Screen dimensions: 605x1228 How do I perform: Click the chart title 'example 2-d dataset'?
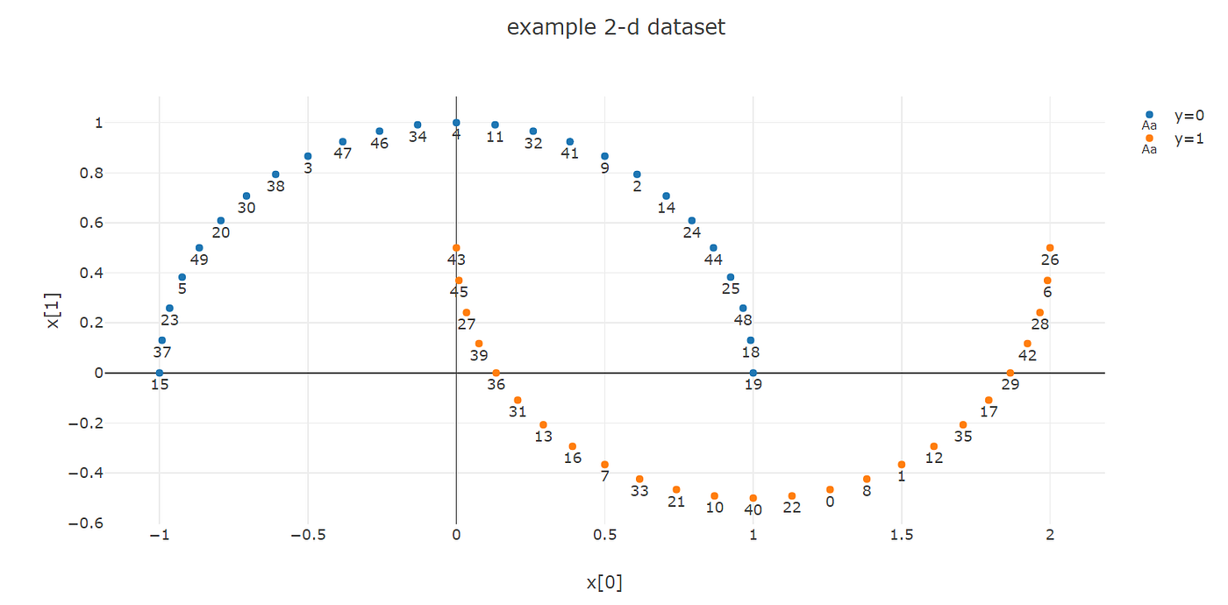tap(616, 27)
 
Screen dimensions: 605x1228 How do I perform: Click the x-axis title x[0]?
tap(604, 583)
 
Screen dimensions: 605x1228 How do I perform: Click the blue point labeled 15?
tap(159, 373)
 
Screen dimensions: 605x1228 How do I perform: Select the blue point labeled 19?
tap(753, 373)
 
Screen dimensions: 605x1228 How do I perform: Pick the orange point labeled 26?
tap(1050, 248)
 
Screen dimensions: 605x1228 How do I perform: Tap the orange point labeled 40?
tap(753, 498)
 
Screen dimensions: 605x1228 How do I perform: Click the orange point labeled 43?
tap(456, 248)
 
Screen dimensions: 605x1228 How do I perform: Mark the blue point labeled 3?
tap(308, 156)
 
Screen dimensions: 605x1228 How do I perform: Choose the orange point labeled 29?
tap(1010, 373)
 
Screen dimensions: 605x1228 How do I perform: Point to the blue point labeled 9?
tap(604, 156)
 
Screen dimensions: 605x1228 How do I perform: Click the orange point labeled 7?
tap(604, 465)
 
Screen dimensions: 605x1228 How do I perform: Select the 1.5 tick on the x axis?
tap(902, 536)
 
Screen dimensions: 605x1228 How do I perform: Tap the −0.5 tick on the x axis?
tap(306, 536)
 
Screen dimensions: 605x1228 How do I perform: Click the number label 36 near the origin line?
tap(496, 384)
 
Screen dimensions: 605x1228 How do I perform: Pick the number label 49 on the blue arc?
tap(199, 260)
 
